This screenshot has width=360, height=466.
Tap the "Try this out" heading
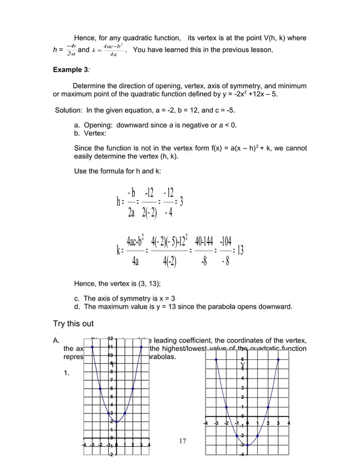tap(73, 324)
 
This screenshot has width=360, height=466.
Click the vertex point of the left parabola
tap(117, 421)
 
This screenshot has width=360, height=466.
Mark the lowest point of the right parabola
tap(248, 445)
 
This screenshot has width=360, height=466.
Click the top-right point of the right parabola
tap(279, 359)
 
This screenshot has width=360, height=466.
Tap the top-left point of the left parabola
tap(93, 346)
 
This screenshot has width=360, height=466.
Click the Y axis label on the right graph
tap(242, 364)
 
